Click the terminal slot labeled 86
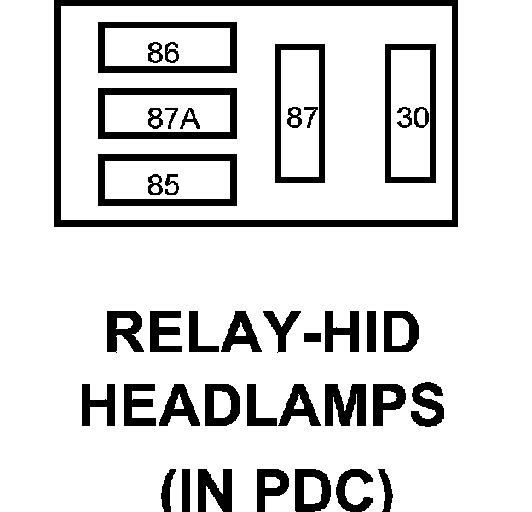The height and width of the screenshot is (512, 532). click(x=166, y=48)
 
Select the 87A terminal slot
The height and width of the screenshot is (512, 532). click(x=166, y=113)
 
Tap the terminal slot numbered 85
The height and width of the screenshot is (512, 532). click(x=166, y=179)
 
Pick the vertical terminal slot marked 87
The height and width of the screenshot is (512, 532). click(x=299, y=113)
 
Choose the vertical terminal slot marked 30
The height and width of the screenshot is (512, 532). click(x=411, y=113)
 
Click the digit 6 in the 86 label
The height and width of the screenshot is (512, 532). click(x=171, y=54)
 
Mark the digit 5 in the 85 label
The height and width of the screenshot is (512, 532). click(x=171, y=186)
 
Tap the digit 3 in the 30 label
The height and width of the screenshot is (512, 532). click(x=404, y=119)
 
